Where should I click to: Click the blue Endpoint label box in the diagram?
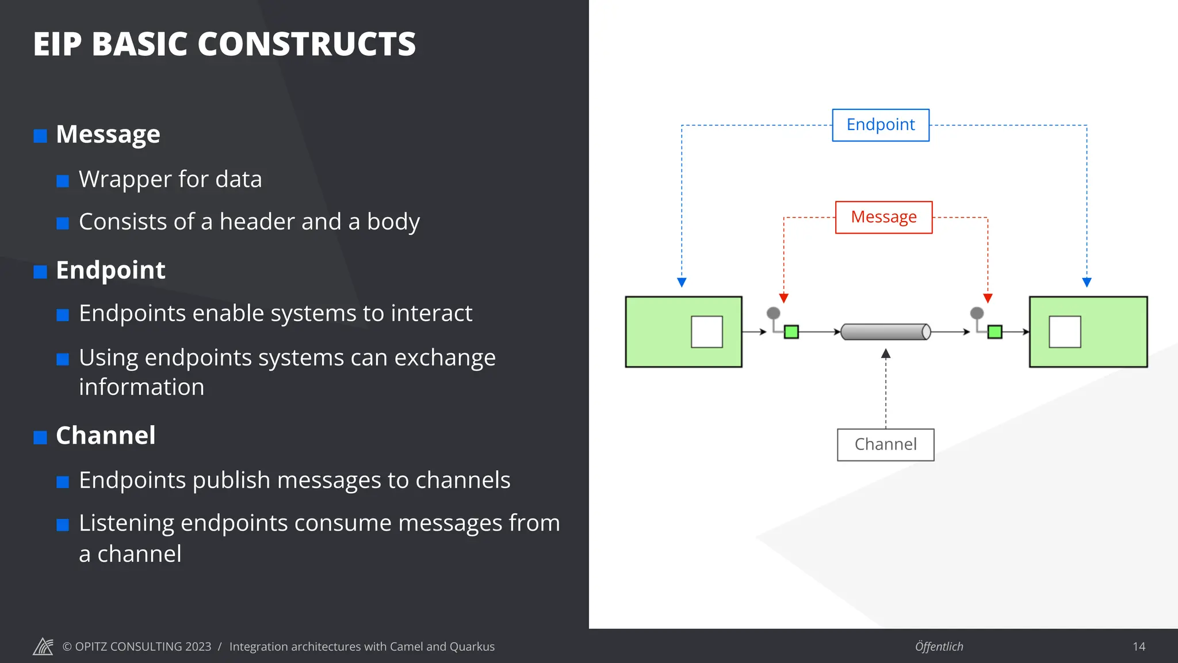pos(881,125)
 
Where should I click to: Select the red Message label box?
pos(883,217)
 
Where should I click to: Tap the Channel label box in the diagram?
pos(885,444)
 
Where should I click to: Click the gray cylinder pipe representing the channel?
pos(885,332)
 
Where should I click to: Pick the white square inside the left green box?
pos(706,331)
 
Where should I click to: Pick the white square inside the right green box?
pos(1065,331)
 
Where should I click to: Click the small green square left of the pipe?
pos(791,332)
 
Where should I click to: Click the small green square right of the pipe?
pos(995,332)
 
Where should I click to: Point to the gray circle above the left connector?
pos(774,313)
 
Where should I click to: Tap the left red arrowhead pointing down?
pos(783,298)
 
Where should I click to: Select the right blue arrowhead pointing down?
pos(1087,282)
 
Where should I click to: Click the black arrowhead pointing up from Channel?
pos(886,353)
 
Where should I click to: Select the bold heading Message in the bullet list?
pos(108,134)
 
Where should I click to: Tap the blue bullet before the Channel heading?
pos(40,437)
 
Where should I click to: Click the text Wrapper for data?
pos(170,179)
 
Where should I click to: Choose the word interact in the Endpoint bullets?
pos(431,313)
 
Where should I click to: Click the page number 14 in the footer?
pos(1139,646)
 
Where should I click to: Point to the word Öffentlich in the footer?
pos(939,646)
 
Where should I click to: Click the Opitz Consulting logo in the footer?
pos(43,646)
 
